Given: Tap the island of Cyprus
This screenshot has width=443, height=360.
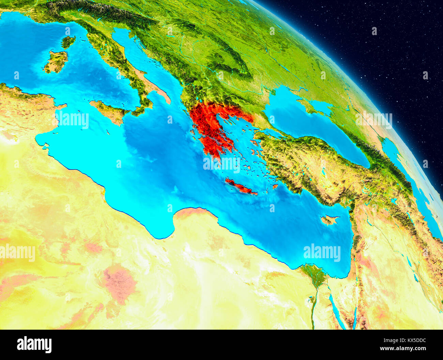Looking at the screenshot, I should point(329,220).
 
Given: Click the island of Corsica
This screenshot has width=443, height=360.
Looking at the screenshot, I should point(68,42).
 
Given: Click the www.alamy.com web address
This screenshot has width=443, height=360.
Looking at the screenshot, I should point(404,348).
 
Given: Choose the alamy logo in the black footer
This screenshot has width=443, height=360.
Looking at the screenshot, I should point(34,344).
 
